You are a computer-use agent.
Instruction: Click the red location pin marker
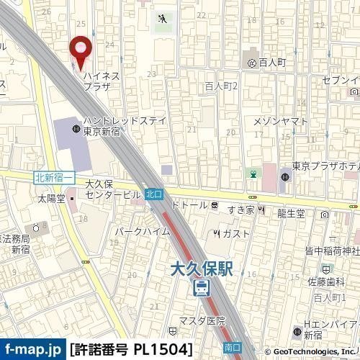point(81,48)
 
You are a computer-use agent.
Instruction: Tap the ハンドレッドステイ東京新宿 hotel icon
point(76,129)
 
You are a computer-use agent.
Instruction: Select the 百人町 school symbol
point(251,63)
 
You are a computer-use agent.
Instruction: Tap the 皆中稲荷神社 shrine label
point(332,251)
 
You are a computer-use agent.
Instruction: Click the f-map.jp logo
point(33,348)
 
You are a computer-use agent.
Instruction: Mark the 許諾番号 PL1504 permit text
point(132,349)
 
